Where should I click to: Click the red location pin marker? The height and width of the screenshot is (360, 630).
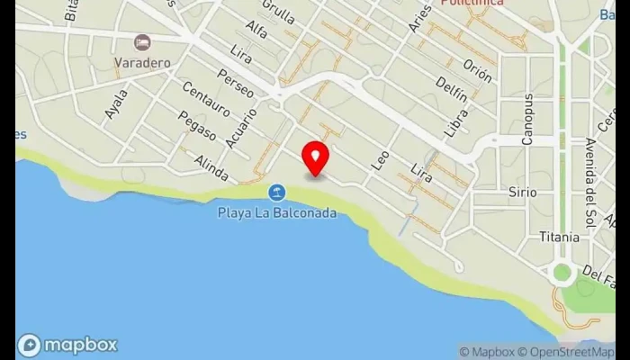click(x=315, y=157)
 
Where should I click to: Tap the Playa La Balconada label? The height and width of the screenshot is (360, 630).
click(x=277, y=213)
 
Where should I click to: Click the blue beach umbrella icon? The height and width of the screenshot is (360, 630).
click(x=277, y=193)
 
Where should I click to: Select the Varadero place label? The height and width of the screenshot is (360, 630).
click(x=141, y=62)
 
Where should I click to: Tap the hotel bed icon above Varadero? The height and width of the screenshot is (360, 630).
click(x=141, y=42)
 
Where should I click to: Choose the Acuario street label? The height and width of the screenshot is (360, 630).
click(x=243, y=128)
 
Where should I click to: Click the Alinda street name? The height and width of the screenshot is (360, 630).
click(x=211, y=166)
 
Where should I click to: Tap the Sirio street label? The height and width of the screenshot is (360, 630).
click(x=522, y=193)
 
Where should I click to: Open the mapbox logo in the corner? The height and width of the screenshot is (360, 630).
click(x=67, y=345)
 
